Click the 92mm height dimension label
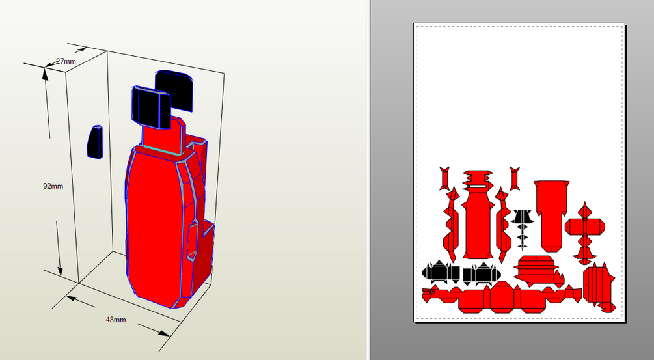click(53, 186)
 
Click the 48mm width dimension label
click(116, 320)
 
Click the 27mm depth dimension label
click(66, 61)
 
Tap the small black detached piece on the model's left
click(94, 142)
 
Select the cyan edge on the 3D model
click(160, 150)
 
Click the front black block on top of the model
click(152, 107)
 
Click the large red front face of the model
click(154, 225)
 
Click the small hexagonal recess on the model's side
click(192, 242)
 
